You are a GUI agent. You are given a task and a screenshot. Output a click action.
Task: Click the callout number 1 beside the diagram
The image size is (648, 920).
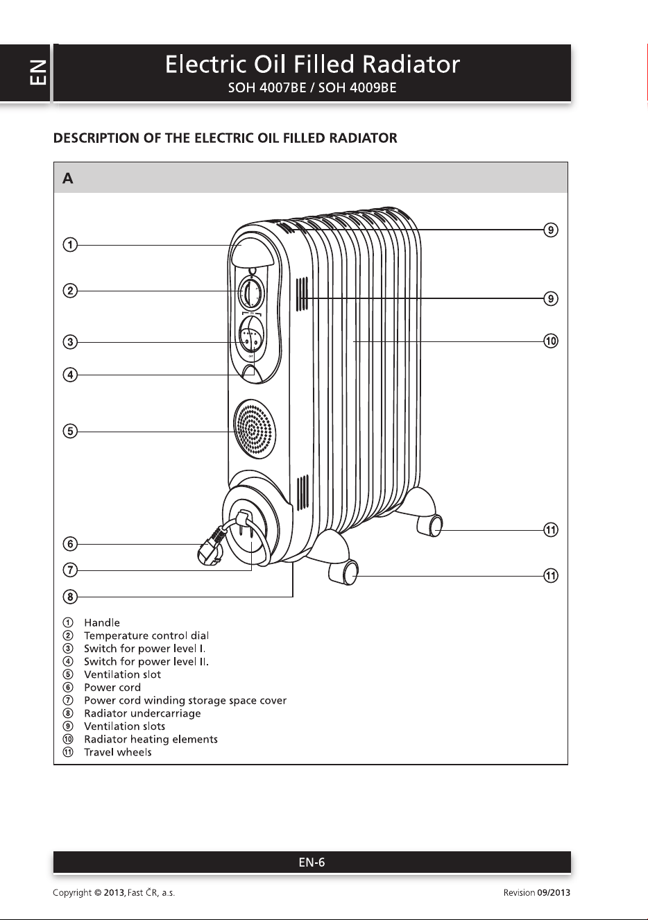tap(70, 245)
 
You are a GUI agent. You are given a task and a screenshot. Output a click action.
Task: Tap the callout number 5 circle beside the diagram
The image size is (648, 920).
tap(70, 432)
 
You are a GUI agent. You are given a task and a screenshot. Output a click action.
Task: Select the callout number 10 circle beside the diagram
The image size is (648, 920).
tap(551, 341)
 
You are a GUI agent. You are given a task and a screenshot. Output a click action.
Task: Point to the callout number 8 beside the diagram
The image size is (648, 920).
tap(70, 597)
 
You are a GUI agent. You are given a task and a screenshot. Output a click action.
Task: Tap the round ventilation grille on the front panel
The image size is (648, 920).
tap(255, 429)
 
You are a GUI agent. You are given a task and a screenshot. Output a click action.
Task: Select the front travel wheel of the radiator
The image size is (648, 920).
tap(343, 572)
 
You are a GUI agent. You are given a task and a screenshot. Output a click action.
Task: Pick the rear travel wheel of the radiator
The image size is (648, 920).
tap(430, 525)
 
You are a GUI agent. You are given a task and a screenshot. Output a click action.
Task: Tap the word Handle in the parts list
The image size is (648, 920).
tap(102, 622)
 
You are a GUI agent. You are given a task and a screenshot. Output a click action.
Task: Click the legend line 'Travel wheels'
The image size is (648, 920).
tap(118, 752)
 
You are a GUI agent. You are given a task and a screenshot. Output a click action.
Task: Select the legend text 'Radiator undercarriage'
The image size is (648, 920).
tap(142, 713)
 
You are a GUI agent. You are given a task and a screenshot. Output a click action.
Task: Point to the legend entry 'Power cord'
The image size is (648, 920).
tap(112, 687)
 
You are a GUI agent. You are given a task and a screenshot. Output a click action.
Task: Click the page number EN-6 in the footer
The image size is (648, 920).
tap(312, 862)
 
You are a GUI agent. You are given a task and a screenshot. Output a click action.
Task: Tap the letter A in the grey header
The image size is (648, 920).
tap(68, 178)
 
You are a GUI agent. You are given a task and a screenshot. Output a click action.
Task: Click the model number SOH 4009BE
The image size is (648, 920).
tap(357, 88)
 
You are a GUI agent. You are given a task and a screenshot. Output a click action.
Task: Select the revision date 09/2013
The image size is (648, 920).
tap(554, 892)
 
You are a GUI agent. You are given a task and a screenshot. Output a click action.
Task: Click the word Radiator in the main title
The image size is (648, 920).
tap(411, 65)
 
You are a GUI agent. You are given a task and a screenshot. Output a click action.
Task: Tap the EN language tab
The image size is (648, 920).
tap(38, 72)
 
